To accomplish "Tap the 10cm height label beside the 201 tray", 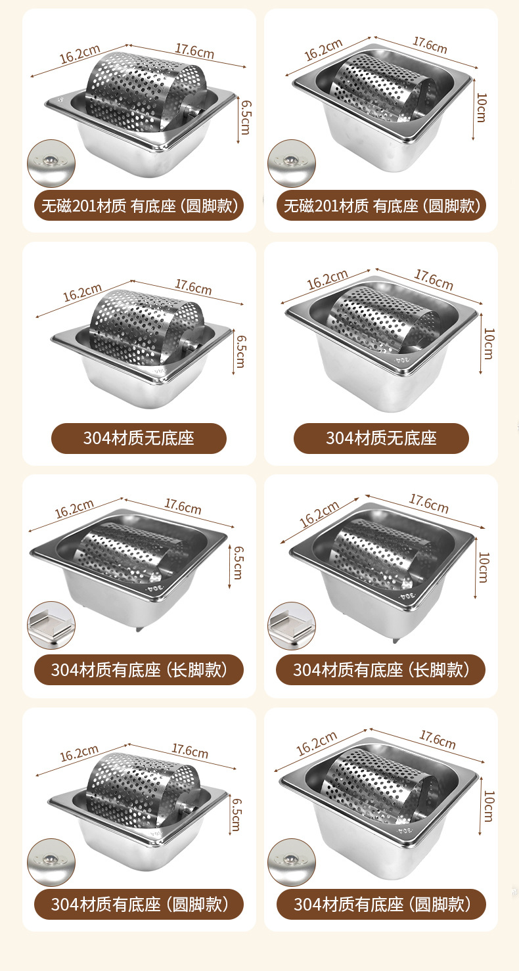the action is [x=482, y=107].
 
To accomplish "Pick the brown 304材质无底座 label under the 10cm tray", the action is [x=381, y=438].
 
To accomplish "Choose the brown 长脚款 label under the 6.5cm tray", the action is [x=139, y=670].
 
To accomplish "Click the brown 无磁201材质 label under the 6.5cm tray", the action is [x=139, y=206].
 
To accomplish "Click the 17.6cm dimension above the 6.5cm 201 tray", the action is [x=194, y=50].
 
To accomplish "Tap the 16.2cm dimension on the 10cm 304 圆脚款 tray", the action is [x=316, y=744].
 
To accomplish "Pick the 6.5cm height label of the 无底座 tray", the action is [x=240, y=351].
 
